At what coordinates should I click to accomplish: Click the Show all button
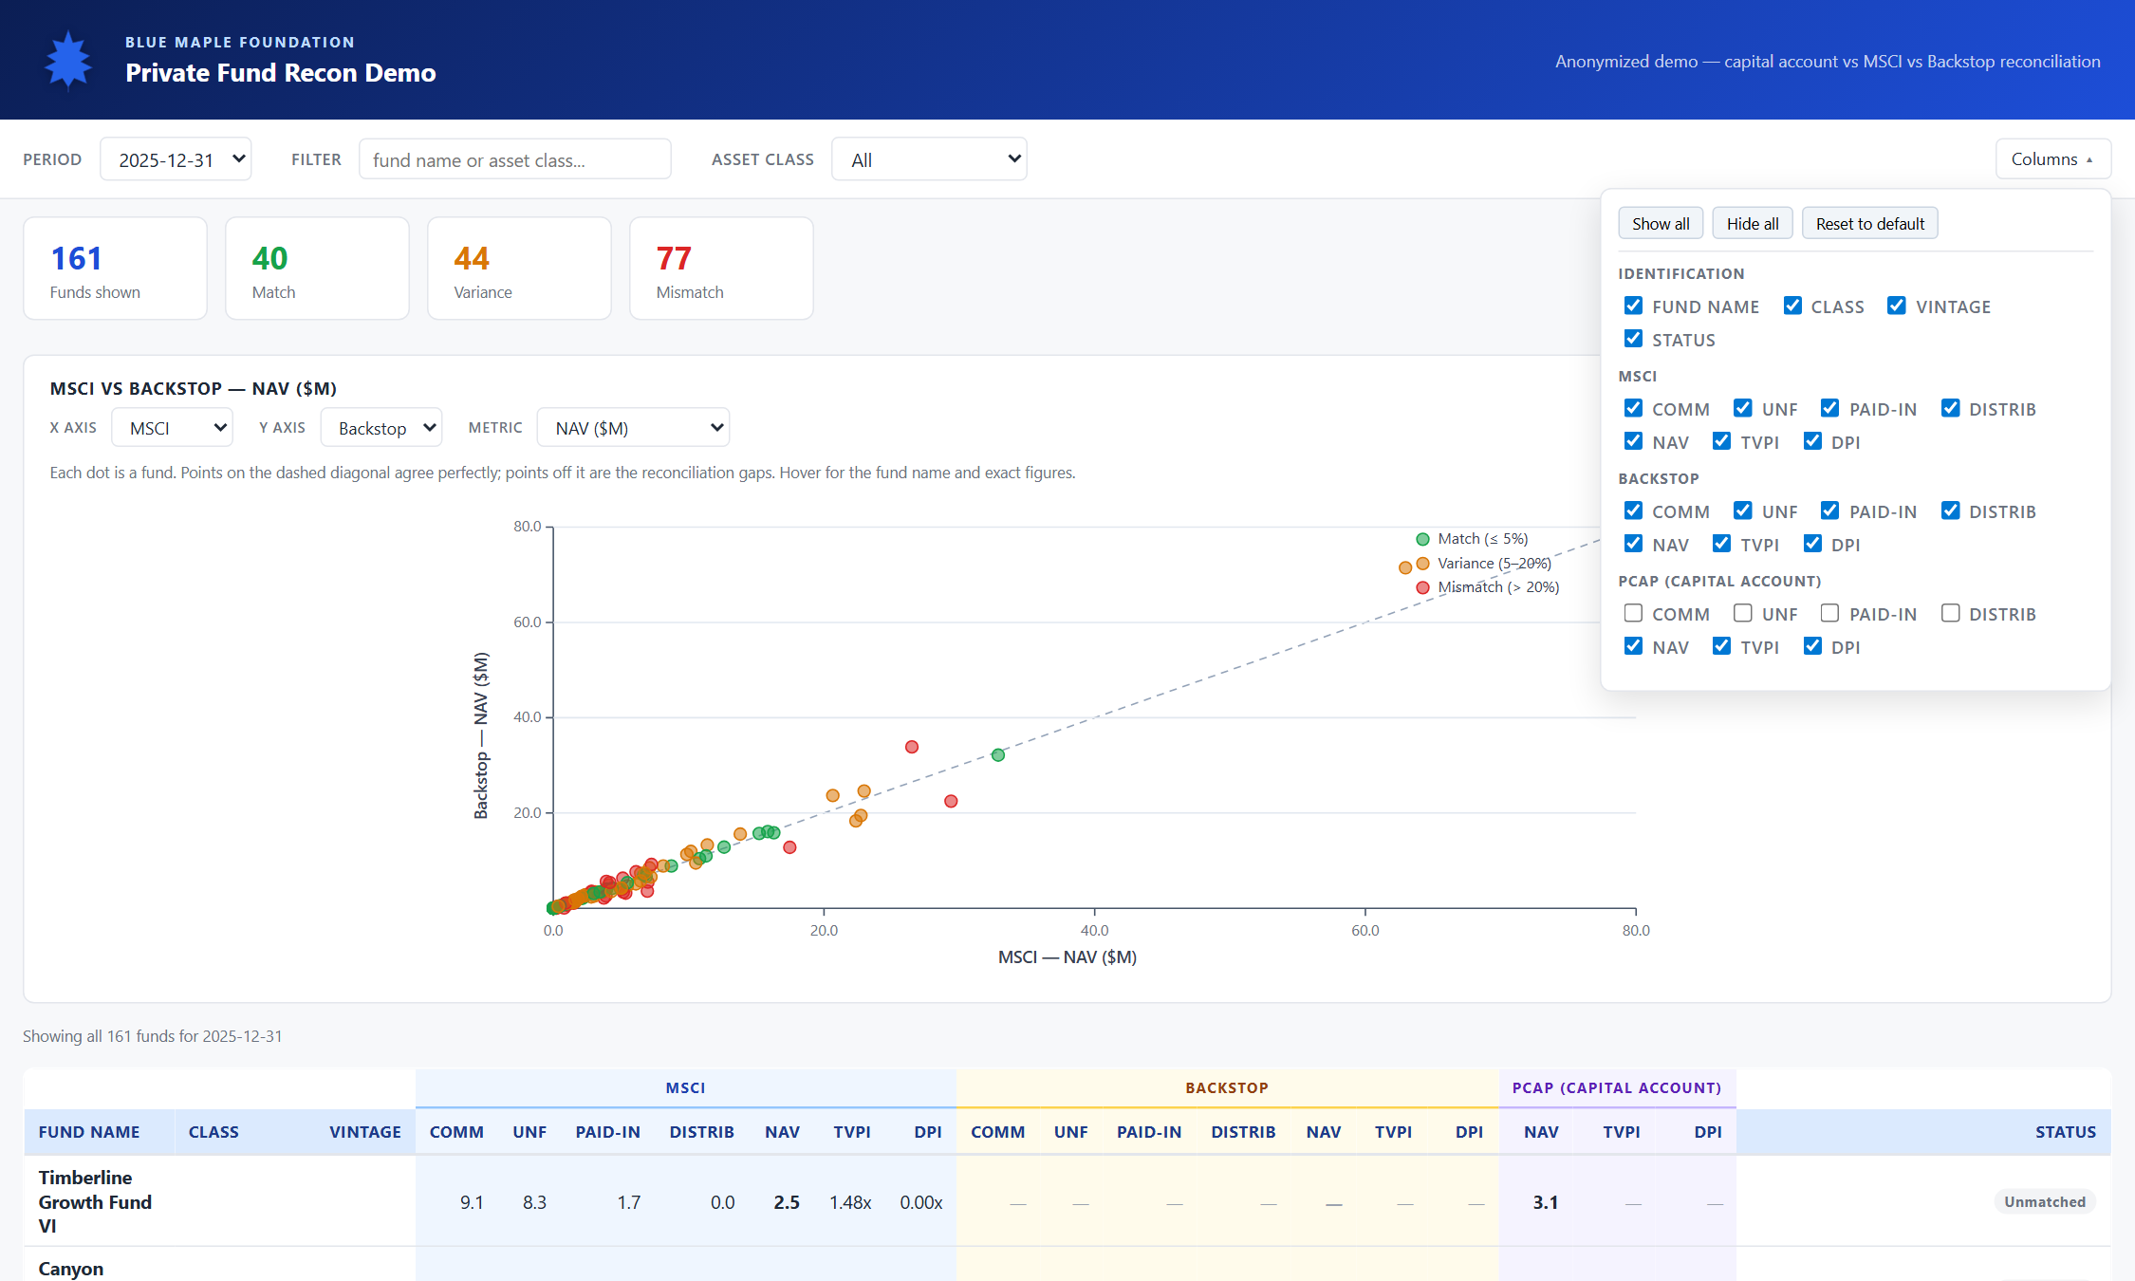pos(1661,224)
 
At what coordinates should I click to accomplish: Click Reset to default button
pos(1869,224)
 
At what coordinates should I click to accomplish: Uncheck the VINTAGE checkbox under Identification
pos(1897,306)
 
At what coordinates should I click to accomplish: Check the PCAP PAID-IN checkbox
pos(1829,613)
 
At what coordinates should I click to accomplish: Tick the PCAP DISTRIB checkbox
pos(1950,613)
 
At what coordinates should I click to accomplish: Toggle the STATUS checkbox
pos(1633,339)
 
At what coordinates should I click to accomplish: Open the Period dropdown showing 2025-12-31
pos(176,159)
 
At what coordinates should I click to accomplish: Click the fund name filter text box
pos(515,159)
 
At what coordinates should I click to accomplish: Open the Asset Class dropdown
pos(929,159)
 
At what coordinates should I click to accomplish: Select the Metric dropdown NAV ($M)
pos(633,428)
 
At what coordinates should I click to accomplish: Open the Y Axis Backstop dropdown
pos(381,428)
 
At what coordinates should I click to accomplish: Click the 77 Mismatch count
pos(674,258)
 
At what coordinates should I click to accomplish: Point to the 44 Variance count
pos(472,258)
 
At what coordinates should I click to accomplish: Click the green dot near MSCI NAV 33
pos(998,755)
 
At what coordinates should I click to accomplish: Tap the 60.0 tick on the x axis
pos(1365,930)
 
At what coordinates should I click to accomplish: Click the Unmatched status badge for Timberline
pos(2045,1202)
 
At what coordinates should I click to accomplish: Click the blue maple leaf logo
pos(68,60)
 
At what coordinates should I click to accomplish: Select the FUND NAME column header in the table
pos(89,1132)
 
